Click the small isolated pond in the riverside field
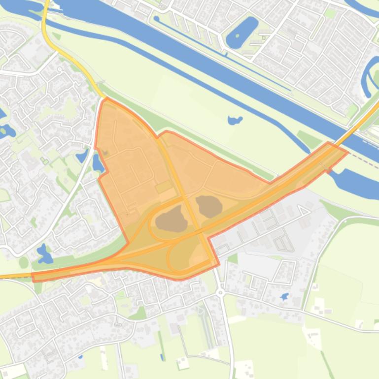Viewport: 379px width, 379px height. (x=235, y=120)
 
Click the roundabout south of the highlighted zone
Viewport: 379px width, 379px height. (x=220, y=292)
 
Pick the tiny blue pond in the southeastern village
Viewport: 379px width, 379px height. (x=284, y=297)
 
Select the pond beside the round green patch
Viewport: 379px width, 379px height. (x=44, y=254)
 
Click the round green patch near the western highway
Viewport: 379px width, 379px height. (x=24, y=262)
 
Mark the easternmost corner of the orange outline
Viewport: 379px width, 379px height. (x=348, y=152)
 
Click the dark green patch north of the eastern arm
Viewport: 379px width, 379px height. (x=309, y=140)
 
